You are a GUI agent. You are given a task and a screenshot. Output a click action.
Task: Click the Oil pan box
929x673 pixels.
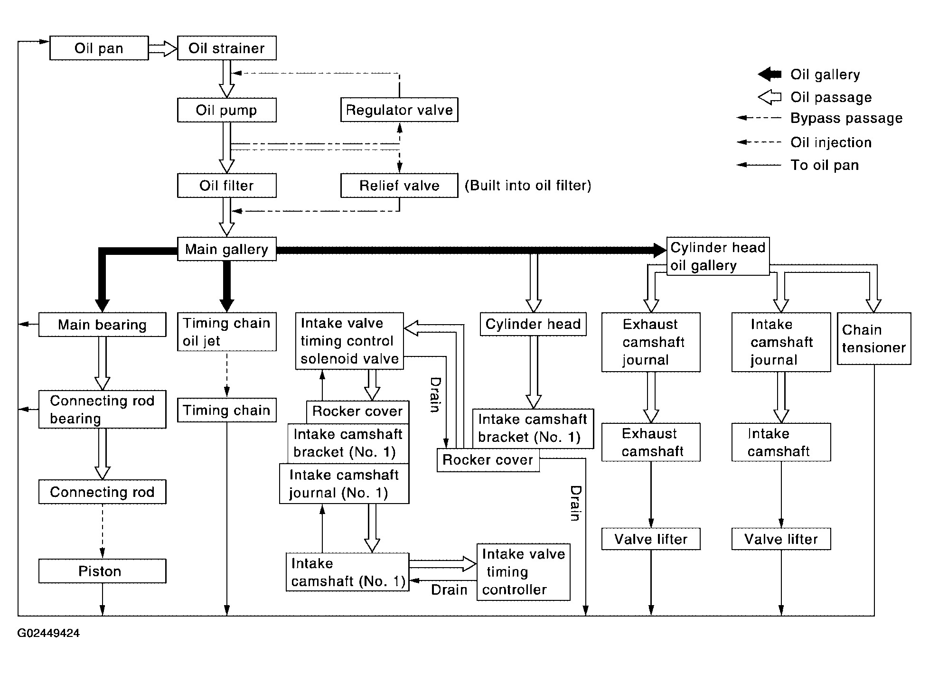[x=99, y=48]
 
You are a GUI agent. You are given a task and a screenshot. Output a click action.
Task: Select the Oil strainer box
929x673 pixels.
[x=227, y=48]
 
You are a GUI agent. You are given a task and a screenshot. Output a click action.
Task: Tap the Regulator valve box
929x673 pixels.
[x=399, y=110]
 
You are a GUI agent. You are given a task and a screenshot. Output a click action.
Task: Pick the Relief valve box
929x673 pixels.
[x=399, y=185]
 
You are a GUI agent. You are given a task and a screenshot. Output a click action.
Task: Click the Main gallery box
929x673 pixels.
[x=227, y=249]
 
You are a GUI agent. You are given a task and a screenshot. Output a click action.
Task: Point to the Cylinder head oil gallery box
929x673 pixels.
[x=718, y=256]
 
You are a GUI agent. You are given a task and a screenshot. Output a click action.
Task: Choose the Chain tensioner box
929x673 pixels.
[x=874, y=338]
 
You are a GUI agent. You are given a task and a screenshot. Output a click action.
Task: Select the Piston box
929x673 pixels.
[x=103, y=571]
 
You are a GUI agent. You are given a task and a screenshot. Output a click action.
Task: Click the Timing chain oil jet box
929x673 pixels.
[x=227, y=332]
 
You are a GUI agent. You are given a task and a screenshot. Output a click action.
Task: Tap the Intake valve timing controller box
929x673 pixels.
[x=523, y=572]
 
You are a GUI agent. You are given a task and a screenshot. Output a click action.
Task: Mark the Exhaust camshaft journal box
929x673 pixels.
[x=651, y=342]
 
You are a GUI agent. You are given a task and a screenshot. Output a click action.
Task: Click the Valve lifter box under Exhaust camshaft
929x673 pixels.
[x=651, y=539]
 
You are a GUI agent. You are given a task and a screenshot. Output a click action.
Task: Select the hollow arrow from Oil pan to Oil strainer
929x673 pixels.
[x=163, y=48]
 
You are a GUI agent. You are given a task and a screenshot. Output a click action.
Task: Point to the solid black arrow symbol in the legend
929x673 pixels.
[x=769, y=74]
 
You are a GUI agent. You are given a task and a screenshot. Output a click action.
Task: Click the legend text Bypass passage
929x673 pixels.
[x=846, y=118]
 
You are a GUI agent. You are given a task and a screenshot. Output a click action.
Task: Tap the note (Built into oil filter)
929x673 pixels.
[x=528, y=185]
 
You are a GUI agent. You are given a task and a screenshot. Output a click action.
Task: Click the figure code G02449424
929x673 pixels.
[x=48, y=633]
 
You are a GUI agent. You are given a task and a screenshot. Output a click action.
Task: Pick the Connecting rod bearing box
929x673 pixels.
[x=103, y=409]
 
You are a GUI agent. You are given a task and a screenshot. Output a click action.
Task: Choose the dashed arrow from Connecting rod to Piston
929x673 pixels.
[x=102, y=531]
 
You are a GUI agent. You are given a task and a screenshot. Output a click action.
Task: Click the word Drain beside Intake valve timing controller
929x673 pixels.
[x=449, y=589]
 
